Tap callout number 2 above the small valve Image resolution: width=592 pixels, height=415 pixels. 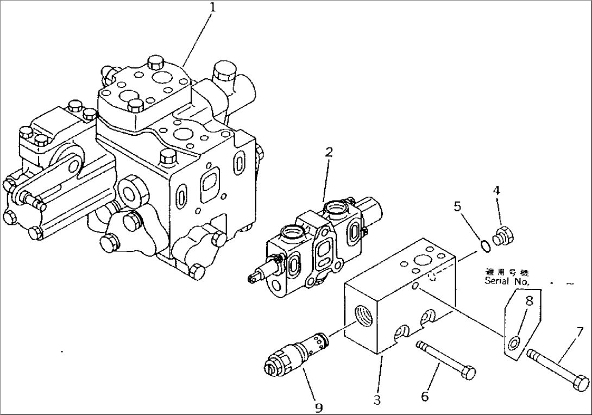point(329,153)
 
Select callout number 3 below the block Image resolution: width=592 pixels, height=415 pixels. point(377,400)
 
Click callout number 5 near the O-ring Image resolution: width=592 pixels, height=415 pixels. point(457,207)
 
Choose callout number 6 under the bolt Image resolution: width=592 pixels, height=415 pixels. point(425,397)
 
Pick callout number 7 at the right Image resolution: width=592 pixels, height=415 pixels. point(580,331)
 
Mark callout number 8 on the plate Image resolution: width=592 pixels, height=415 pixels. point(528,300)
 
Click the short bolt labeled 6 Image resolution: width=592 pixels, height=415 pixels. point(445,359)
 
